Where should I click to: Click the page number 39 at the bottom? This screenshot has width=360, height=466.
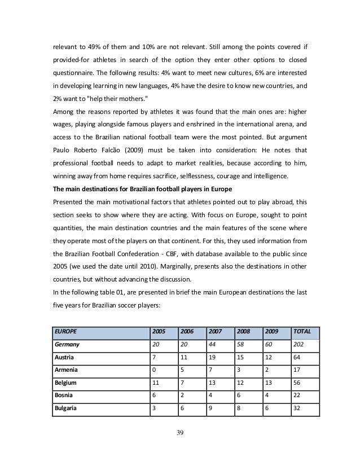180,432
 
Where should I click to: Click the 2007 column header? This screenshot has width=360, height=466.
215,331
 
